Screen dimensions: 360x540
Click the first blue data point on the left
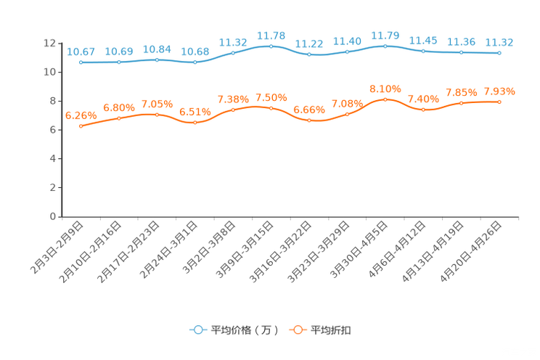81,62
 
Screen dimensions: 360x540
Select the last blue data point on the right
499,53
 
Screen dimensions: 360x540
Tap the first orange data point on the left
81,126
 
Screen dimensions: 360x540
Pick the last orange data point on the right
499,102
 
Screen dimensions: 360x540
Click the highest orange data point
385,99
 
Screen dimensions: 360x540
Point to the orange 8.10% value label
385,89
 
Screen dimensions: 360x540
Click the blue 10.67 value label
81,52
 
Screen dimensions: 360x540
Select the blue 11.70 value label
271,35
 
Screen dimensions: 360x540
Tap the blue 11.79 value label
385,35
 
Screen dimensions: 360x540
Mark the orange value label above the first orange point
81,115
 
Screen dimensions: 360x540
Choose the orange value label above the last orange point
499,91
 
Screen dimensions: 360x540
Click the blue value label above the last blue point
499,42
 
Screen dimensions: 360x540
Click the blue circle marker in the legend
197,330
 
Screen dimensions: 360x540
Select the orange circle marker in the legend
297,330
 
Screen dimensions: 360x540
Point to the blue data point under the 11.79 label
385,46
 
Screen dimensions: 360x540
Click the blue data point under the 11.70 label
271,46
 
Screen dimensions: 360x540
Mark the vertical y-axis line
61,131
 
